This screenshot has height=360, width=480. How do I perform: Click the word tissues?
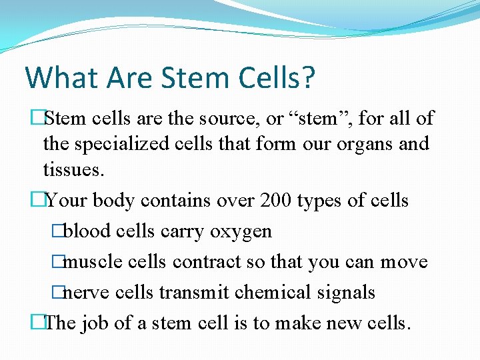73,169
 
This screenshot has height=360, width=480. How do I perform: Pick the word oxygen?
241,231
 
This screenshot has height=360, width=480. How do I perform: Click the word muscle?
93,262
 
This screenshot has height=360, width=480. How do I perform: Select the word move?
404,262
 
